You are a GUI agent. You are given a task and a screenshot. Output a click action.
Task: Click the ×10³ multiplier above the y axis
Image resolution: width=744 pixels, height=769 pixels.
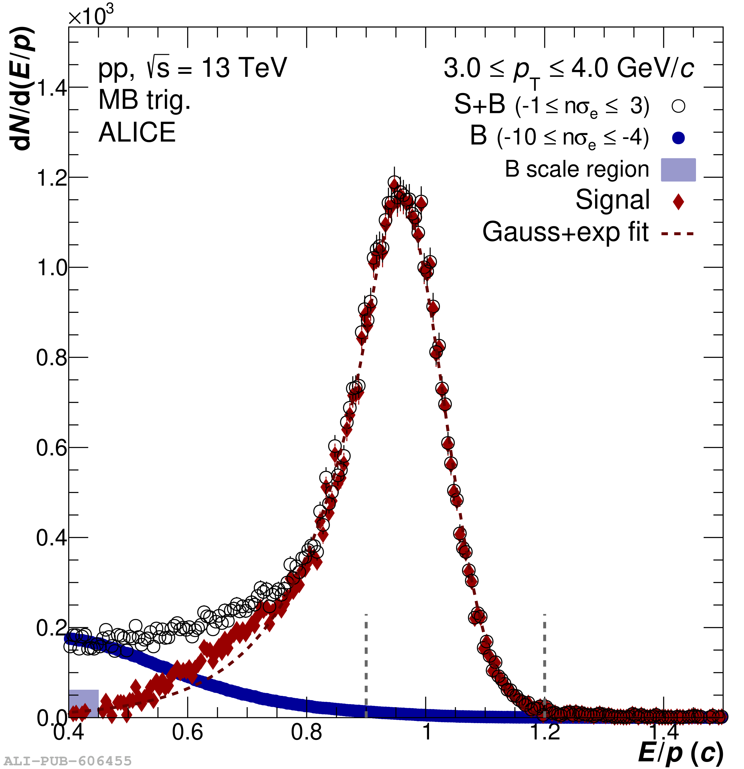pyautogui.click(x=91, y=16)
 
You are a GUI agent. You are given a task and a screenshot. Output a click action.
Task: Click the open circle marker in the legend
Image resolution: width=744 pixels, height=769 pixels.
pyautogui.click(x=678, y=106)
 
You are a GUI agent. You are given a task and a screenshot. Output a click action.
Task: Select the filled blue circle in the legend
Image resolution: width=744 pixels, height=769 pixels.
pyautogui.click(x=678, y=138)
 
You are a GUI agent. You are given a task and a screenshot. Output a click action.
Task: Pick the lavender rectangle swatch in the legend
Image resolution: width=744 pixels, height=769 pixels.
pyautogui.click(x=678, y=170)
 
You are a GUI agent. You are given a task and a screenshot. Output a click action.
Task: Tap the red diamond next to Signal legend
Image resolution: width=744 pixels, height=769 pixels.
pyautogui.click(x=678, y=202)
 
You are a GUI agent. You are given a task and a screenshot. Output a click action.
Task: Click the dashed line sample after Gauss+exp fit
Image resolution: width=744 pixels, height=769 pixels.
pyautogui.click(x=677, y=234)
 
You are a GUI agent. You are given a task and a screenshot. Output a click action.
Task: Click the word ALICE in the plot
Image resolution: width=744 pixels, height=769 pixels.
pyautogui.click(x=137, y=132)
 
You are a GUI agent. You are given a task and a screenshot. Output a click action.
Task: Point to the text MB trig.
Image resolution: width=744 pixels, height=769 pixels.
pyautogui.click(x=144, y=100)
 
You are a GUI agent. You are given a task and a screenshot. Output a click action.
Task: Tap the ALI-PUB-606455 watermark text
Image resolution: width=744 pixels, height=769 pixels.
pyautogui.click(x=67, y=761)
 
